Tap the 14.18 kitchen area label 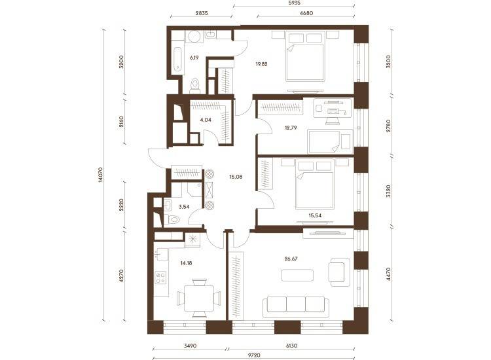[186, 263]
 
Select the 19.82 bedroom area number [261, 64]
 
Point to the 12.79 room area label [291, 128]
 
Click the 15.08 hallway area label [236, 177]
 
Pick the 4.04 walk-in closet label [206, 120]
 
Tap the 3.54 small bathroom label [184, 207]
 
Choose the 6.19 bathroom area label [194, 58]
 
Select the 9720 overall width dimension [254, 355]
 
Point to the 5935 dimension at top [294, 3]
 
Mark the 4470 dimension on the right [389, 274]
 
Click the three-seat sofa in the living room [296, 304]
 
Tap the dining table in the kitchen [199, 298]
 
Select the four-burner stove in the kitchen [161, 278]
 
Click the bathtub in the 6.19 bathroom [177, 60]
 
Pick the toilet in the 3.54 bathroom [172, 219]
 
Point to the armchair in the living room [339, 272]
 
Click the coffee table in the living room [297, 275]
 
